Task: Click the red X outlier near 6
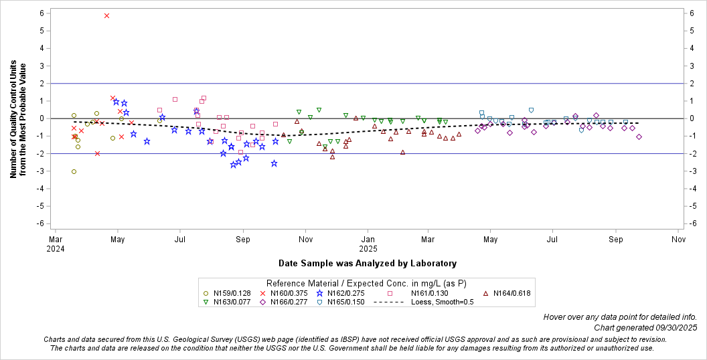pyautogui.click(x=106, y=15)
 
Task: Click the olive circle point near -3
pyautogui.click(x=74, y=171)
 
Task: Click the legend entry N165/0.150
pyautogui.click(x=346, y=302)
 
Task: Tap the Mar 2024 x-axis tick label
pyautogui.click(x=56, y=242)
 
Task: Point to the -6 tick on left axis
pyautogui.click(x=41, y=223)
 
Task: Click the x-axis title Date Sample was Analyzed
pyautogui.click(x=368, y=263)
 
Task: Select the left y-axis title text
pyautogui.click(x=18, y=120)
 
